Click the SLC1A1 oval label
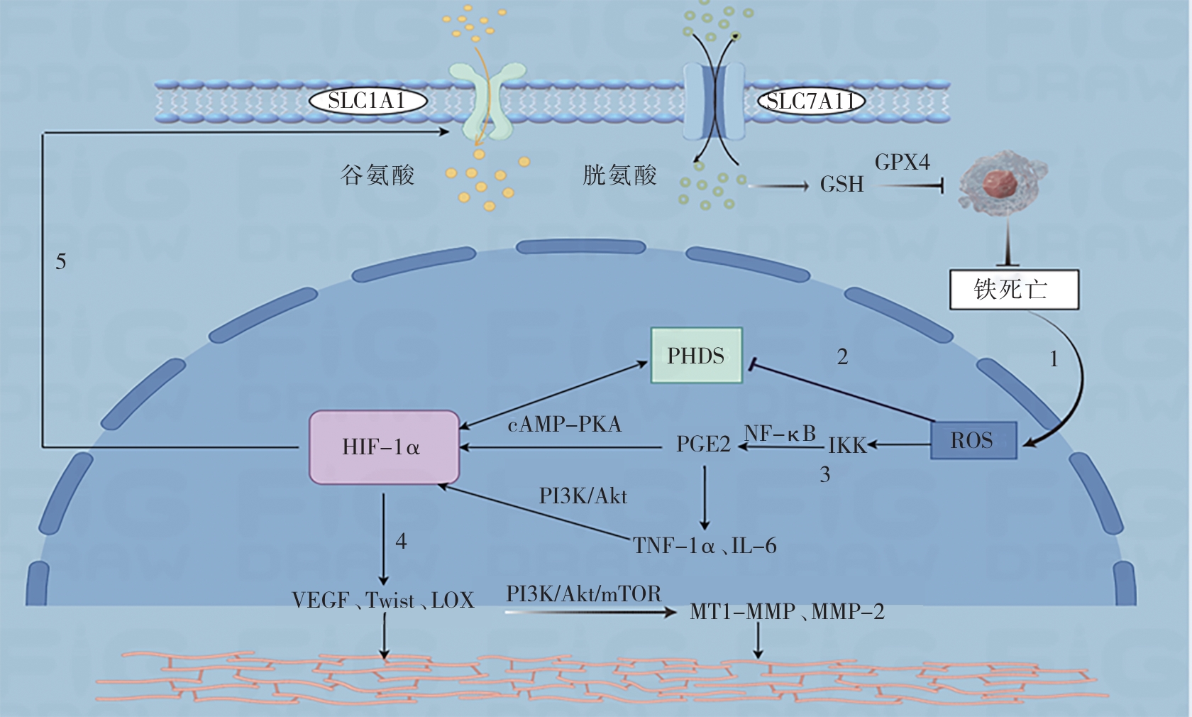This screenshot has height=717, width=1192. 368,101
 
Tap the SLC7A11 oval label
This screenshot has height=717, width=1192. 811,102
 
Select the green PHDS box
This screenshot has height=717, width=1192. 696,355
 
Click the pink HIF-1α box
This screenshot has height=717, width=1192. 384,447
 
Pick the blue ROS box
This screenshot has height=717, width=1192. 973,440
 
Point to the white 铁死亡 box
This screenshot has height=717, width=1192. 1013,289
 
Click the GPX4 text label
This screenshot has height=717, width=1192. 902,162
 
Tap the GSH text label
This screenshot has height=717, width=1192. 841,185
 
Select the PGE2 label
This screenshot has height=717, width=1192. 703,444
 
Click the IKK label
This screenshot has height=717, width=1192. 847,446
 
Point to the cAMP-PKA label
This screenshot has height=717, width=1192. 564,425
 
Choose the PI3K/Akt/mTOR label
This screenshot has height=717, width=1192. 583,593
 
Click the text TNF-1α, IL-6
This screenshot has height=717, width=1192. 705,545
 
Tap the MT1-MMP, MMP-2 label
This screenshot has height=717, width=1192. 787,611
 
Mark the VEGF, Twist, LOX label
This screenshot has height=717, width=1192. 382,601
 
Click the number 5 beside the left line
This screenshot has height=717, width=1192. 61,262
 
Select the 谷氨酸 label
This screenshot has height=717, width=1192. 377,175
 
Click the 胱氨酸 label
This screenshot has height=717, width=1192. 619,175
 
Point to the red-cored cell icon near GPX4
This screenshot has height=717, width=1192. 1001,182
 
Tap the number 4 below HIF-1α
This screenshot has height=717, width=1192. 401,542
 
